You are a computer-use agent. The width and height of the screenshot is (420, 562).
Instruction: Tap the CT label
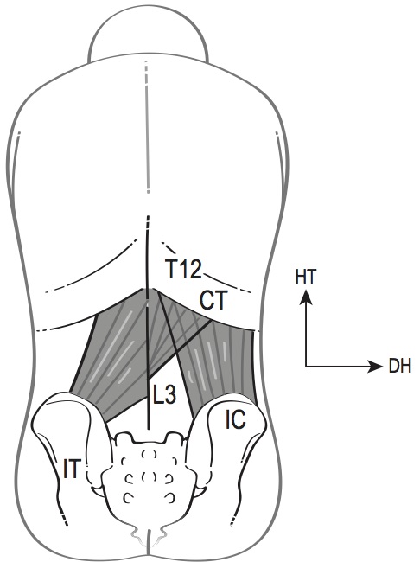(x=213, y=300)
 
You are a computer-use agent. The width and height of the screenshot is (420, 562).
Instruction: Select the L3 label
(x=164, y=395)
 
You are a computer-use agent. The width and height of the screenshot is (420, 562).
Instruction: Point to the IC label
(x=236, y=418)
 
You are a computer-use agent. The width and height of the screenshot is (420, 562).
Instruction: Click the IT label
(x=71, y=469)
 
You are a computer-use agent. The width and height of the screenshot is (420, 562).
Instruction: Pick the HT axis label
(x=306, y=278)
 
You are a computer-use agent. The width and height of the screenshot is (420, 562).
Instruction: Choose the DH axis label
(x=400, y=367)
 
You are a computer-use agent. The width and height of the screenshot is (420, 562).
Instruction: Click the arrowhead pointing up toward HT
(x=306, y=297)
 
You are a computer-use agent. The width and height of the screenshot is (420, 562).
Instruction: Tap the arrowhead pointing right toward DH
(x=376, y=367)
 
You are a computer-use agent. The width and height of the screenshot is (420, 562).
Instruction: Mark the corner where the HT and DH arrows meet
(x=306, y=367)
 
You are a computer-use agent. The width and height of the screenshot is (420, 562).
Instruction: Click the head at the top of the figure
(x=148, y=40)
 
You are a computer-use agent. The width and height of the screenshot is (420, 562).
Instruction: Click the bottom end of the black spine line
(x=148, y=429)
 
